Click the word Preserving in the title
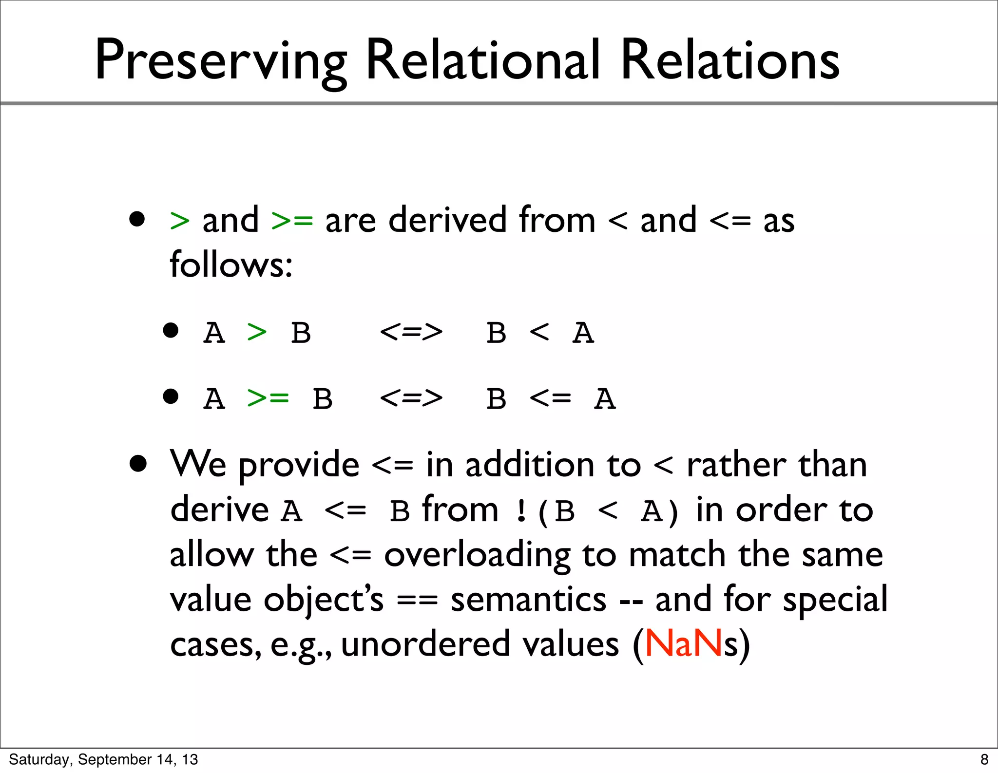click(220, 61)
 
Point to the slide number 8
click(984, 759)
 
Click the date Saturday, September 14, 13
click(103, 759)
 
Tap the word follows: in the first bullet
click(231, 264)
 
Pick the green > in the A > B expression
click(257, 333)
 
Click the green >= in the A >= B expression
click(268, 398)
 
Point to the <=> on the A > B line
click(411, 333)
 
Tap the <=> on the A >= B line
click(411, 398)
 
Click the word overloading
click(477, 555)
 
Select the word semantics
click(528, 599)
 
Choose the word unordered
click(425, 644)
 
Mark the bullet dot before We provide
click(138, 464)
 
